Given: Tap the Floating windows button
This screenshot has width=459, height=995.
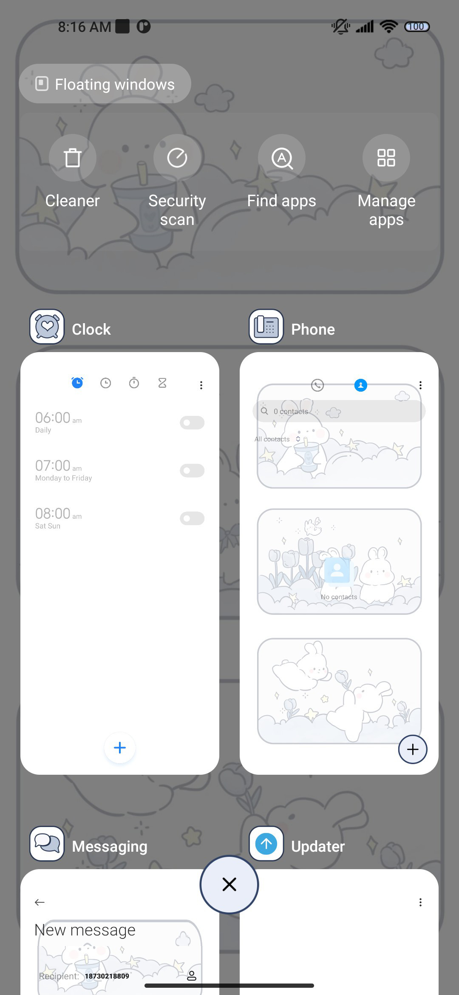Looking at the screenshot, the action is pyautogui.click(x=105, y=84).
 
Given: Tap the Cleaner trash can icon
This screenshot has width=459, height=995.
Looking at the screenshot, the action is pyautogui.click(x=73, y=158).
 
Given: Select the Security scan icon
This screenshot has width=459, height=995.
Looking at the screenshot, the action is pyautogui.click(x=177, y=158).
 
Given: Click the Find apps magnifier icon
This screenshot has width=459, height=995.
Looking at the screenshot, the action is pyautogui.click(x=282, y=158).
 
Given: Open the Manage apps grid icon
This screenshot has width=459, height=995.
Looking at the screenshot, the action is pyautogui.click(x=386, y=158).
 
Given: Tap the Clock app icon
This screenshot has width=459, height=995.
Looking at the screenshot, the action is pyautogui.click(x=47, y=327).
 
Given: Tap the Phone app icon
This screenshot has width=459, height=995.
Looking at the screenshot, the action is pyautogui.click(x=266, y=327).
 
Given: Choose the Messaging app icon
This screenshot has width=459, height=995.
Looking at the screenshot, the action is pyautogui.click(x=47, y=844).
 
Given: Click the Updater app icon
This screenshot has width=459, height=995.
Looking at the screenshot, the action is pyautogui.click(x=266, y=844).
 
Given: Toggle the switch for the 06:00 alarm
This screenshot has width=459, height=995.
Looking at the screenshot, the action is pyautogui.click(x=192, y=423).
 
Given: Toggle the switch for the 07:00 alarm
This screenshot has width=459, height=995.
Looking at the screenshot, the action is pyautogui.click(x=192, y=471).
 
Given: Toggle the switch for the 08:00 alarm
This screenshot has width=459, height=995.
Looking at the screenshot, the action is pyautogui.click(x=192, y=518).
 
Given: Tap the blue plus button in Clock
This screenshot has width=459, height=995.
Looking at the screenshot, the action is pyautogui.click(x=120, y=748).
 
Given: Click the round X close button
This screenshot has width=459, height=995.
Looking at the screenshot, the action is pyautogui.click(x=229, y=884).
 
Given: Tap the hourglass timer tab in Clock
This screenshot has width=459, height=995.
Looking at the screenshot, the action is pyautogui.click(x=162, y=383).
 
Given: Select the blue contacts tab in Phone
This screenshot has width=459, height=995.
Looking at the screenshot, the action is pyautogui.click(x=361, y=385).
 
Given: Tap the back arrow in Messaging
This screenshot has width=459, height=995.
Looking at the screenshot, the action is pyautogui.click(x=40, y=902).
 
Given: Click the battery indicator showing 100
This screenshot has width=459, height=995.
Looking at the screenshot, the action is pyautogui.click(x=417, y=27).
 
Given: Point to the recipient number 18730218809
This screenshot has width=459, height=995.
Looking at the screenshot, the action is pyautogui.click(x=107, y=976).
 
